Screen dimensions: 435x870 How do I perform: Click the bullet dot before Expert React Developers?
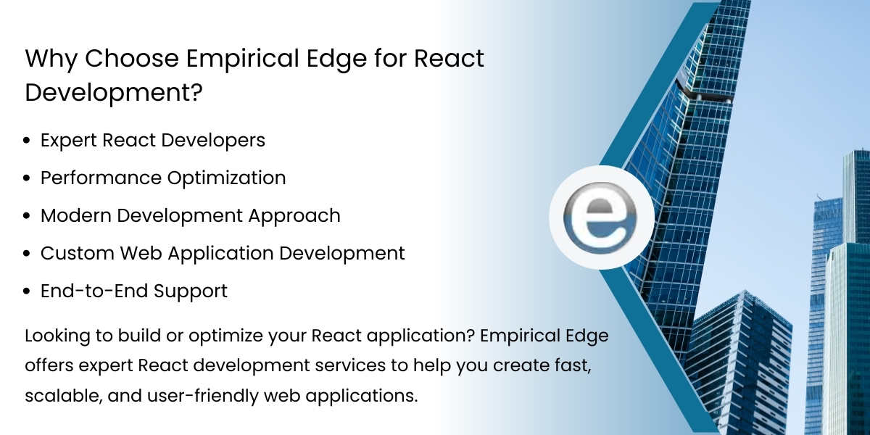[x=28, y=141]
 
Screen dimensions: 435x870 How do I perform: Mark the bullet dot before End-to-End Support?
[x=28, y=291]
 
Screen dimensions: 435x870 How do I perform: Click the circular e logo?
[x=601, y=217]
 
